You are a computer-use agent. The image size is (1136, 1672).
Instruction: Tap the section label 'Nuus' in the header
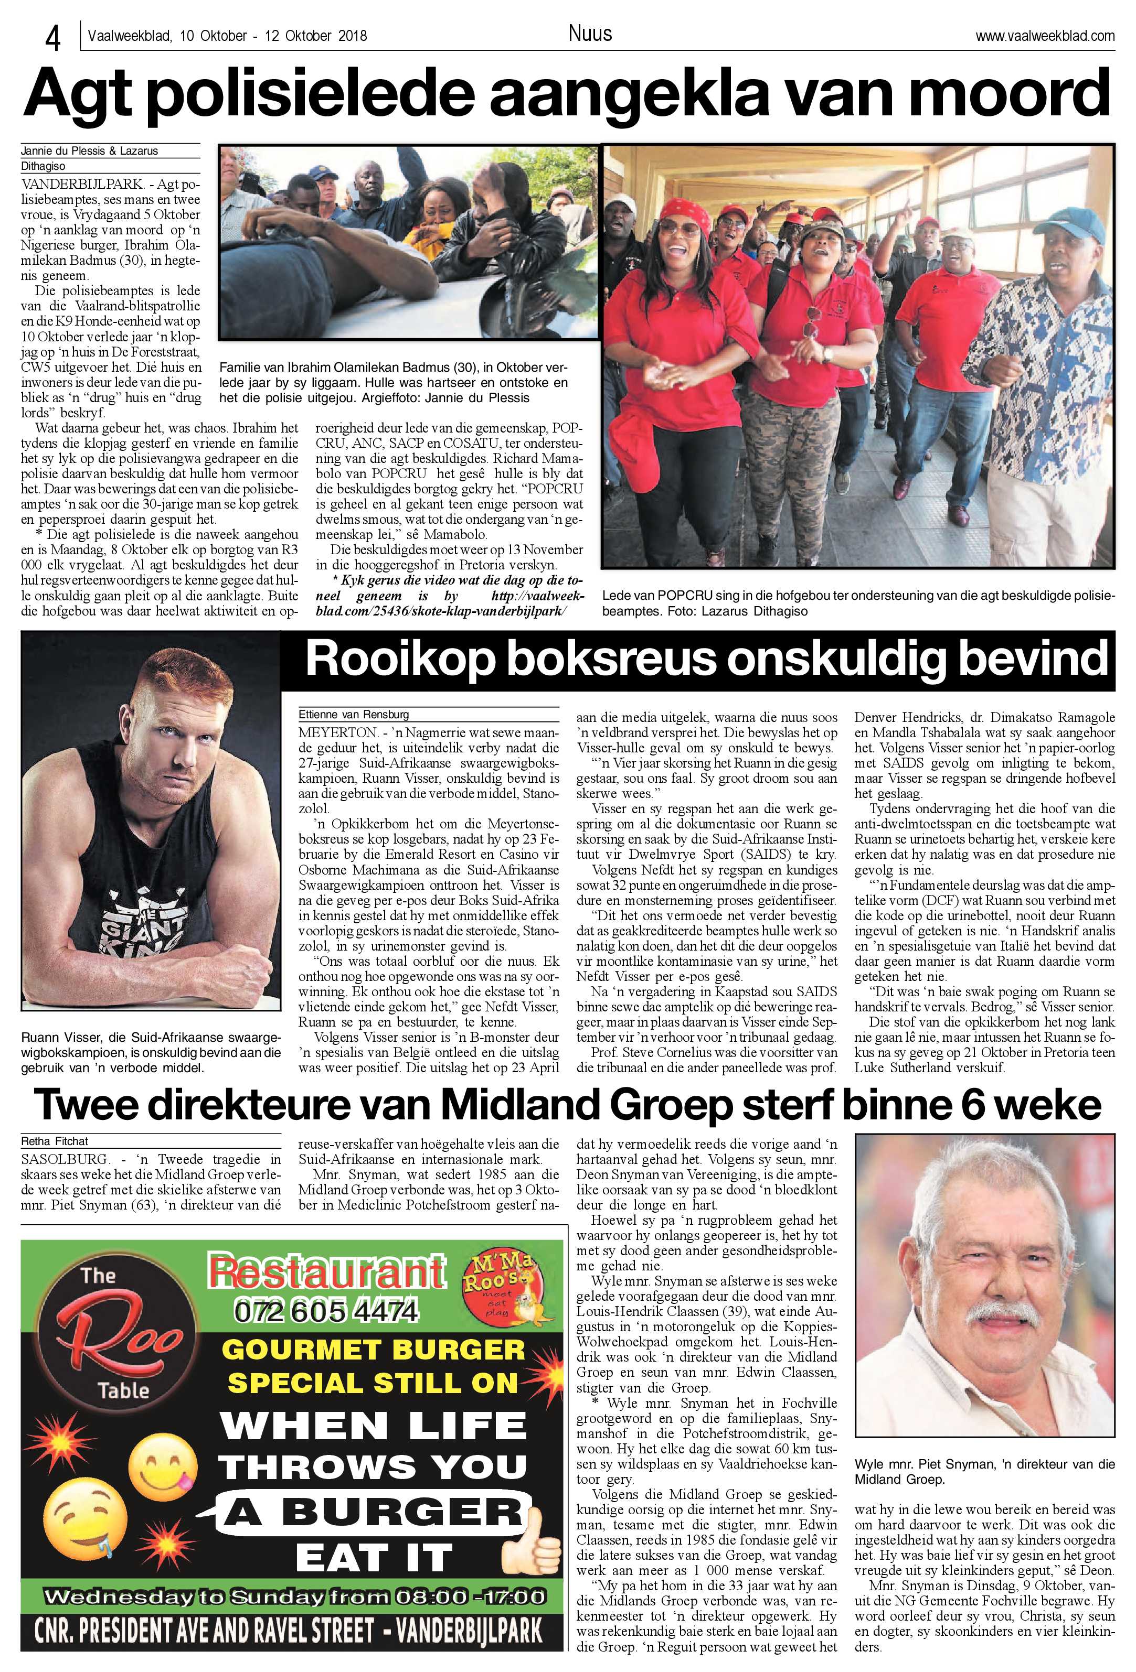[590, 33]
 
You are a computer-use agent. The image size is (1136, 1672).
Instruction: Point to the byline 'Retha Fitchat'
[55, 1141]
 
